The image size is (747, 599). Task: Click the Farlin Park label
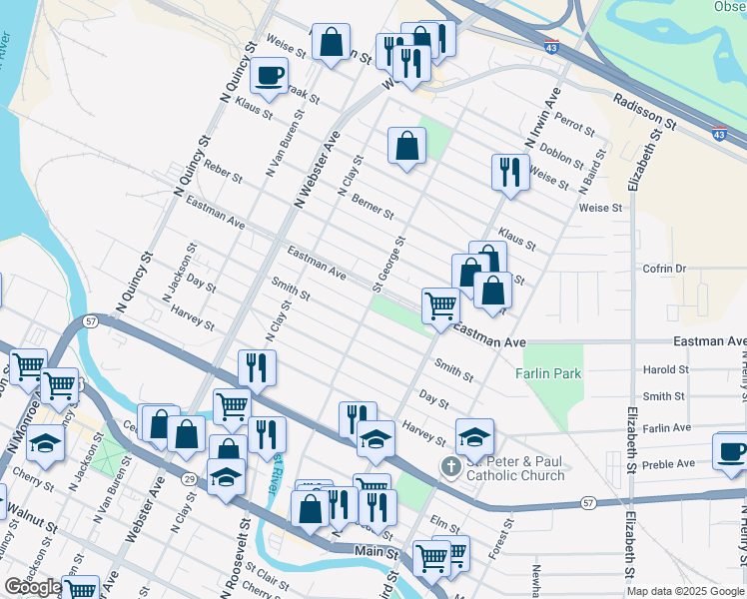[x=548, y=373]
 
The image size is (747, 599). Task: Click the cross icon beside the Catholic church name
[x=451, y=466]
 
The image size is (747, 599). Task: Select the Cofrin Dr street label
[x=665, y=269]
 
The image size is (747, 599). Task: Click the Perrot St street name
[x=574, y=124]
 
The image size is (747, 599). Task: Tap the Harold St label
[x=665, y=369]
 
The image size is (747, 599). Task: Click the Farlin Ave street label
[x=668, y=427]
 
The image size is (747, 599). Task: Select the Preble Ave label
[x=669, y=463]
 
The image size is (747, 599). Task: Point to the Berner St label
[x=373, y=208]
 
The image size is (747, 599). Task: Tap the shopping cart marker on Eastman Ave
[x=440, y=305]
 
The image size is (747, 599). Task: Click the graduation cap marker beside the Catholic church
[x=475, y=435]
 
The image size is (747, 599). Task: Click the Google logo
[x=32, y=587]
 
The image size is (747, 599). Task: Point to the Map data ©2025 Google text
[x=684, y=591]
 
